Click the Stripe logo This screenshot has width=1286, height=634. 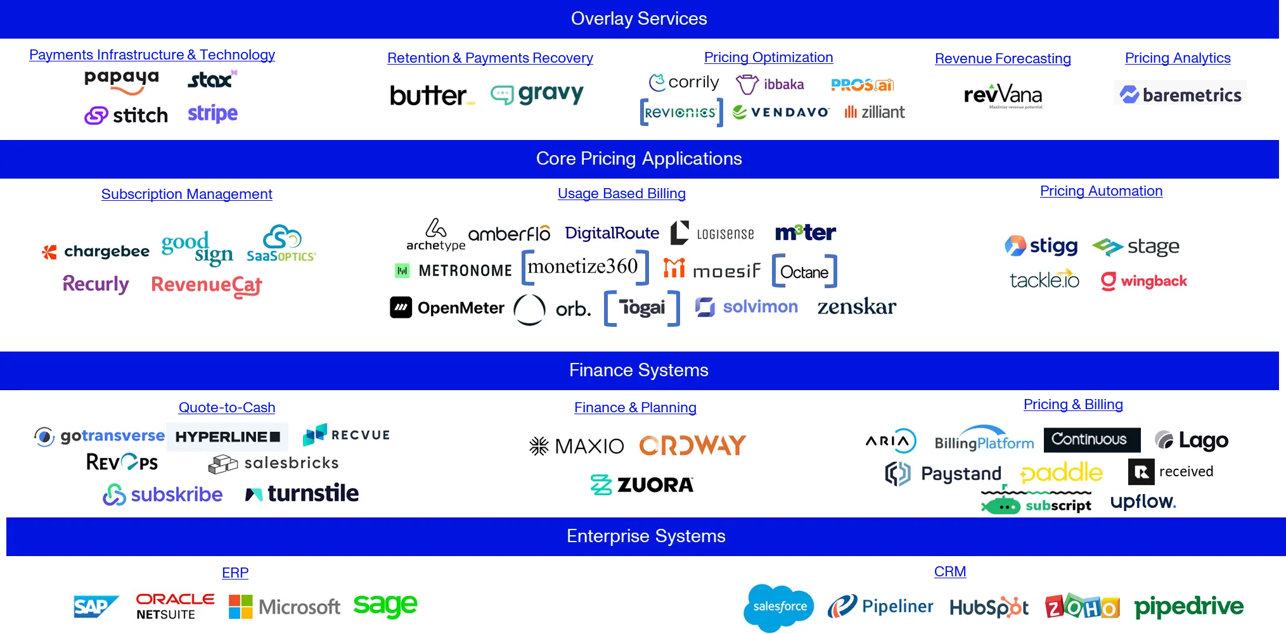click(212, 113)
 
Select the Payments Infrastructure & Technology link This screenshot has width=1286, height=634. click(152, 55)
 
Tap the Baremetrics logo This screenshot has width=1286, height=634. click(1180, 94)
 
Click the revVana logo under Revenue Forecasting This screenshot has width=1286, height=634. click(1003, 96)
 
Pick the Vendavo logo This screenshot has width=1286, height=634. click(780, 112)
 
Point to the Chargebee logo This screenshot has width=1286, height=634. click(95, 251)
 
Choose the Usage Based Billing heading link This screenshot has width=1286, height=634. click(622, 194)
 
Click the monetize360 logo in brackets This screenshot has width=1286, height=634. click(585, 267)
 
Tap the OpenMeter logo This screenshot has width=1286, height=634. click(447, 308)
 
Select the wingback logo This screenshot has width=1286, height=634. click(1144, 281)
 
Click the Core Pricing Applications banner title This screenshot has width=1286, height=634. click(639, 158)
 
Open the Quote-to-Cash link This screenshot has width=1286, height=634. click(227, 408)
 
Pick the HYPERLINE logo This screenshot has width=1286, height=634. click(228, 437)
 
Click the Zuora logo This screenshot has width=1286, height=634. click(641, 485)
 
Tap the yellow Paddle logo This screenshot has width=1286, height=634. click(1062, 472)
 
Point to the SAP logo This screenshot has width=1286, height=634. click(96, 607)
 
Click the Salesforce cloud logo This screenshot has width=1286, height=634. click(779, 607)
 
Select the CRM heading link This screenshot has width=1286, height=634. click(950, 572)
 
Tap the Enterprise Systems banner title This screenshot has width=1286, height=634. click(646, 536)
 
